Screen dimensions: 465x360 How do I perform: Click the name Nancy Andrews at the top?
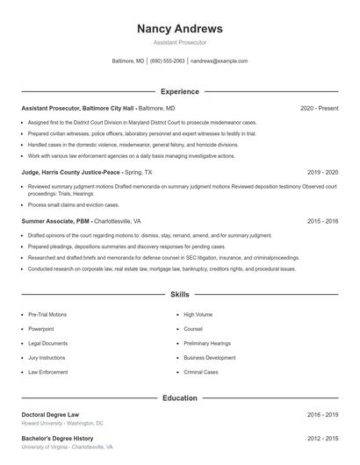pos(180,28)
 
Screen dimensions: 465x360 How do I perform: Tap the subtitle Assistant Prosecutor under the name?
pos(180,42)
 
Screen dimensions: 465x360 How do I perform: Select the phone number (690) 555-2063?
pos(167,61)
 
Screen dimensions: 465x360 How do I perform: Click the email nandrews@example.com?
pos(219,61)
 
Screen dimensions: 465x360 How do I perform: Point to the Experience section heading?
pos(180,91)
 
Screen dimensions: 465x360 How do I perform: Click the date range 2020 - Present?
pos(319,108)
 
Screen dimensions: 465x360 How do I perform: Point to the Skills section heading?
pos(180,295)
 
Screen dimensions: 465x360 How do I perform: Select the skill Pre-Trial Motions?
pos(47,314)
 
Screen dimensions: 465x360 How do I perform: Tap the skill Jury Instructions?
pos(47,358)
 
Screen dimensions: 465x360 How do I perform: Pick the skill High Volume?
pos(198,314)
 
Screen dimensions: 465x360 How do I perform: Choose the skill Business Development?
pos(209,358)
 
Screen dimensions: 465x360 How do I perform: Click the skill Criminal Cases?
pos(201,372)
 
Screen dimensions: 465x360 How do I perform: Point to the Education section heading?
pos(180,397)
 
